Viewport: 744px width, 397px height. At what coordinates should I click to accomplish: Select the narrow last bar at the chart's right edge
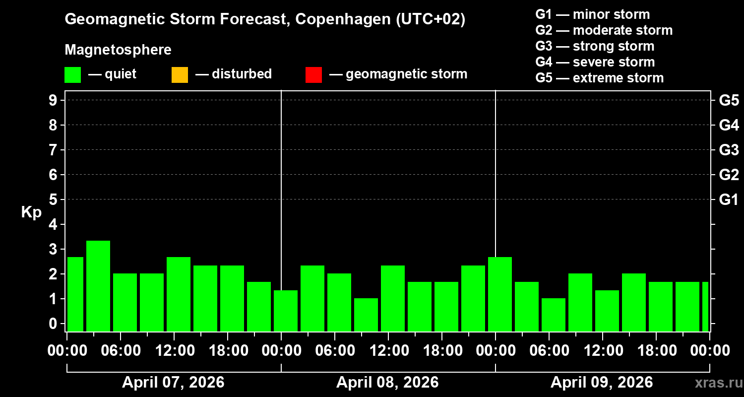705,306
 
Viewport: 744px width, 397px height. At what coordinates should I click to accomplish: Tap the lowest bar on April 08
366,315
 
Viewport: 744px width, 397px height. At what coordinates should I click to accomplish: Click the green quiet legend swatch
72,75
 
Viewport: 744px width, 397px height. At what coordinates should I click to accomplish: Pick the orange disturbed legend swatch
180,75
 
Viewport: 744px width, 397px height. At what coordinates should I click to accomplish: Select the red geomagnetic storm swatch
313,75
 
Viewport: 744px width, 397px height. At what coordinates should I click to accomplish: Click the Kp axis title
31,212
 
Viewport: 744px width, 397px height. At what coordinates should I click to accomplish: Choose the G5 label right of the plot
729,101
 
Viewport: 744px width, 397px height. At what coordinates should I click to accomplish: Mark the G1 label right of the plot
729,200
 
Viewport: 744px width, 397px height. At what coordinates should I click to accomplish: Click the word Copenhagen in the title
338,20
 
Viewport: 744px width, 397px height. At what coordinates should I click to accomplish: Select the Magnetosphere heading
118,50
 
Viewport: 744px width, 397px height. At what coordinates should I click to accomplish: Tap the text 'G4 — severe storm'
595,62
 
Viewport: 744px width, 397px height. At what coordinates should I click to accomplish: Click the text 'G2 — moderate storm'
604,30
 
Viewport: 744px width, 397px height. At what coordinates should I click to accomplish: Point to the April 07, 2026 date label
173,383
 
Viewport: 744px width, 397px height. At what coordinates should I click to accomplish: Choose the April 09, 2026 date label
602,383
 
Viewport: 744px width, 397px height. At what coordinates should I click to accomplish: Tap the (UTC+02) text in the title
431,20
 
